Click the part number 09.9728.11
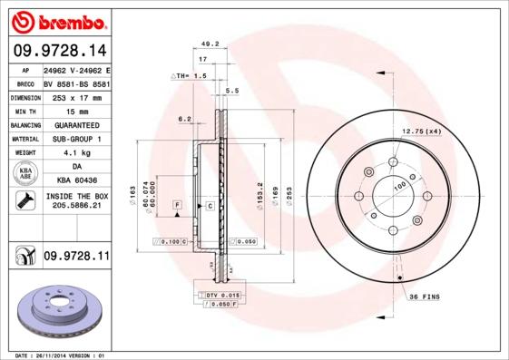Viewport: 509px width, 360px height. point(76,257)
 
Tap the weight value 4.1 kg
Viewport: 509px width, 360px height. point(76,153)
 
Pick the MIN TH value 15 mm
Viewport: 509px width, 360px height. point(76,111)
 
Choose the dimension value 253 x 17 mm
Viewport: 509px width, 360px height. point(76,96)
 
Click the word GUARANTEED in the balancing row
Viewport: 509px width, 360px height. point(76,125)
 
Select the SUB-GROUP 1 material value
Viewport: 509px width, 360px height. point(76,139)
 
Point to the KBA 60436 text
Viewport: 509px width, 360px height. point(76,181)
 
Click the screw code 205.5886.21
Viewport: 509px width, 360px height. point(76,207)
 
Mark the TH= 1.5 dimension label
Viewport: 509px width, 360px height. point(191,76)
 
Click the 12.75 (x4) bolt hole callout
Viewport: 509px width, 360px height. point(421,132)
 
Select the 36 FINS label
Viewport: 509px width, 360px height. point(425,297)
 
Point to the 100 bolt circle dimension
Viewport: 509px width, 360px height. point(398,187)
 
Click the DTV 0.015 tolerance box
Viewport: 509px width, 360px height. point(220,297)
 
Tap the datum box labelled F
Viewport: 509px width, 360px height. point(178,207)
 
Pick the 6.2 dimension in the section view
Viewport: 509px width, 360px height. point(185,119)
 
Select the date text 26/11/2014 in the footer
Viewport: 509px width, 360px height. point(53,355)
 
